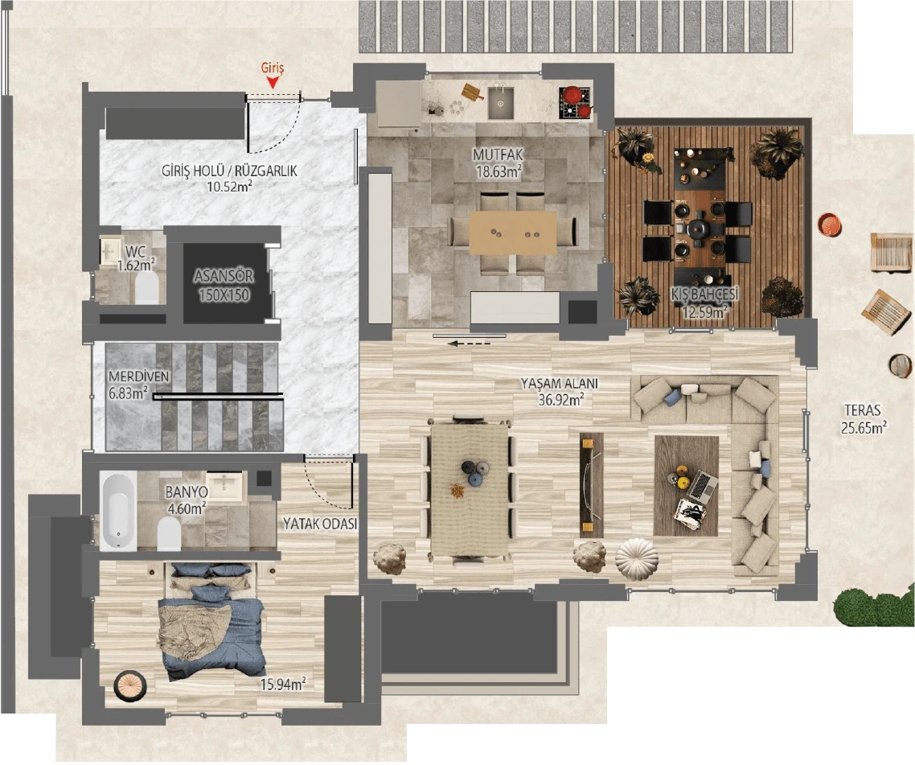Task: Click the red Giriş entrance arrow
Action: coord(272,84)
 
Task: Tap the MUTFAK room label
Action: coord(498,154)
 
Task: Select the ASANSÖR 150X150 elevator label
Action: coord(224,286)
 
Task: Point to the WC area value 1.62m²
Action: coord(136,265)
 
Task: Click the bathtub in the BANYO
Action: coord(118,512)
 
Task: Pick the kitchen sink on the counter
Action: coord(501,102)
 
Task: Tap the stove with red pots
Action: coord(576,102)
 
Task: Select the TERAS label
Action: coord(862,410)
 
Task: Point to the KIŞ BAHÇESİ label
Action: coord(704,294)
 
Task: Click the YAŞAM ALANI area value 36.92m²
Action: coord(560,400)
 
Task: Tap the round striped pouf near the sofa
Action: coord(637,559)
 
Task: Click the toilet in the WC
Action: coord(146,288)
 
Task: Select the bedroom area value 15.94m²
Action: coord(283,684)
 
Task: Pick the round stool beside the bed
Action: coord(129,686)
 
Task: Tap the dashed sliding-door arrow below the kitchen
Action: coord(470,344)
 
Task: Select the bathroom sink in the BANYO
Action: coord(224,487)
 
